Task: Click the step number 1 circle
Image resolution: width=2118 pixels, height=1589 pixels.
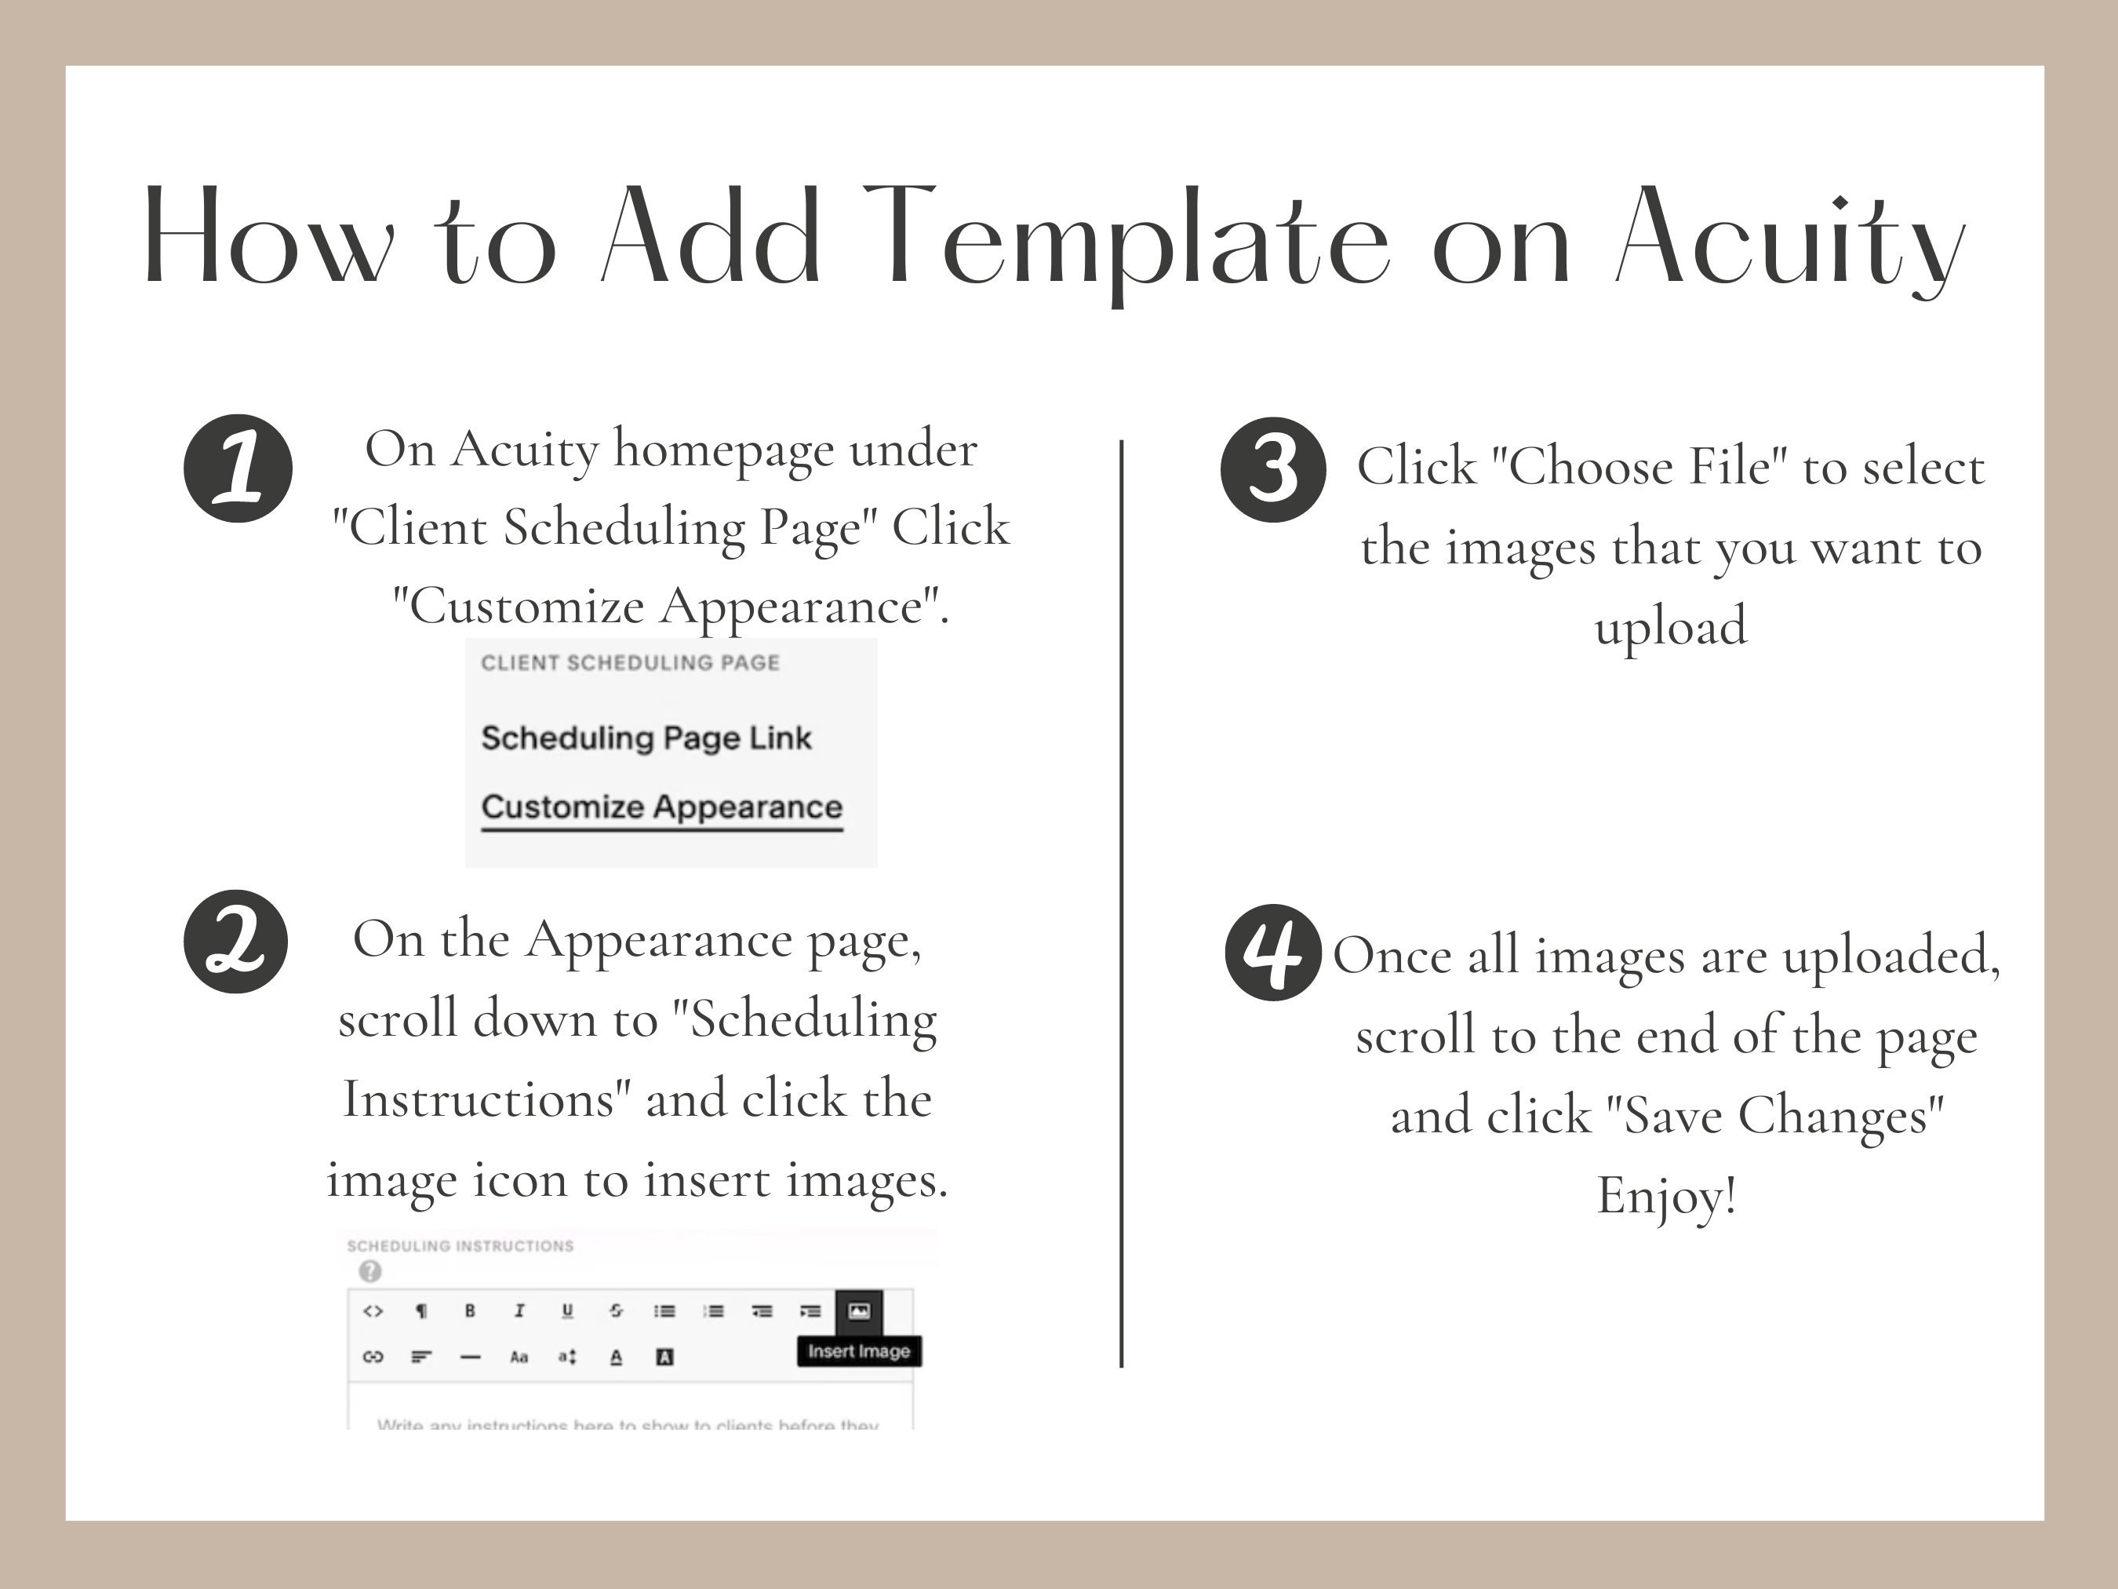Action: click(238, 468)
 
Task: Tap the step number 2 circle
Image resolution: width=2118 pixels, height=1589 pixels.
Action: click(235, 941)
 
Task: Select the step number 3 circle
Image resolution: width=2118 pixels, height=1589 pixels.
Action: click(1273, 469)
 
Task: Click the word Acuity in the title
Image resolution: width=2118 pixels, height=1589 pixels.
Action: click(1789, 239)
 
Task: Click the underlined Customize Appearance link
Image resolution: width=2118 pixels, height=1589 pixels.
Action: click(661, 807)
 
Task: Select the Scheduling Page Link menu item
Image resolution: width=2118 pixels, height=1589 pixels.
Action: click(646, 738)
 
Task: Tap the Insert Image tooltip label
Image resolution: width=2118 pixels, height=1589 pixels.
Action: click(859, 1351)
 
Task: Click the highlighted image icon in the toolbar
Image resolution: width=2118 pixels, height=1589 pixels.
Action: click(859, 1310)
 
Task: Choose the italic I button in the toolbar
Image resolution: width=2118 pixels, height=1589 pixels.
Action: click(519, 1310)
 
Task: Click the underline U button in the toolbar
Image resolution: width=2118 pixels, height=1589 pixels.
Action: click(568, 1310)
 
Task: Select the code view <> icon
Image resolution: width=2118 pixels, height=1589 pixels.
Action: click(373, 1310)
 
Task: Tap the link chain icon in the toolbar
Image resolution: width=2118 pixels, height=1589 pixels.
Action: click(373, 1356)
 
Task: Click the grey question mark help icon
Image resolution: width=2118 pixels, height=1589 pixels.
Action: click(369, 1271)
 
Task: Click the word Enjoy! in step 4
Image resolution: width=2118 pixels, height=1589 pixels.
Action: click(1666, 1195)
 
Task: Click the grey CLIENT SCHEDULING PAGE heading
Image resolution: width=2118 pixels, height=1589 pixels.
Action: click(630, 663)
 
